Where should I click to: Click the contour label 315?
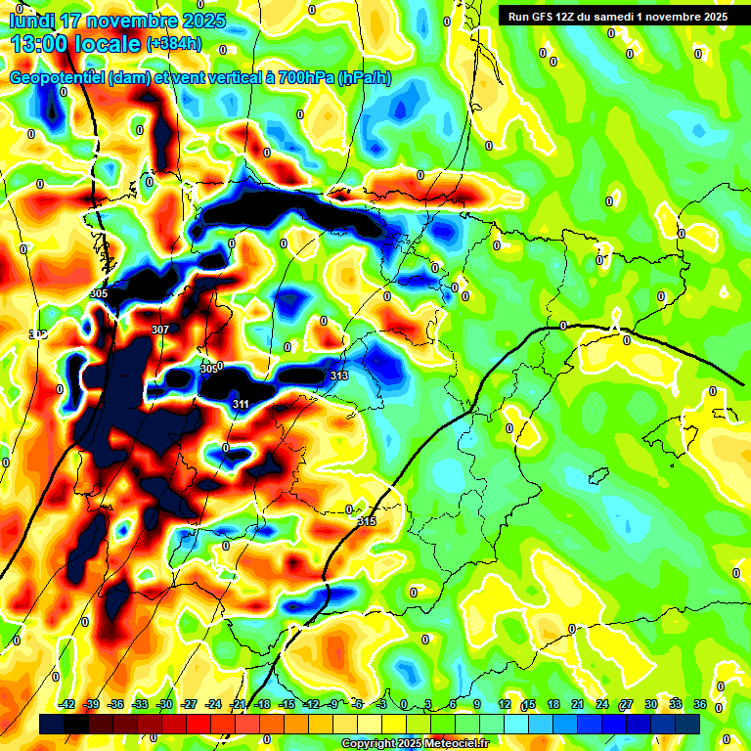click(x=367, y=521)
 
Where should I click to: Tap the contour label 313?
click(x=339, y=375)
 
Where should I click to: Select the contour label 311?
click(x=241, y=403)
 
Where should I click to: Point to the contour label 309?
click(x=208, y=369)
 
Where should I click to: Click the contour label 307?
click(x=160, y=330)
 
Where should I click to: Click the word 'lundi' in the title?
click(x=32, y=21)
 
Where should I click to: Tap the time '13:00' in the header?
click(x=38, y=44)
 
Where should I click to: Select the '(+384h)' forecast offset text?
click(x=175, y=44)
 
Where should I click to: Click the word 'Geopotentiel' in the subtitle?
click(x=59, y=78)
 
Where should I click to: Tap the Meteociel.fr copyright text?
click(x=415, y=743)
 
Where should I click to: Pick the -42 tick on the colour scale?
click(x=66, y=704)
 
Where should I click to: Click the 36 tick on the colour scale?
click(x=700, y=704)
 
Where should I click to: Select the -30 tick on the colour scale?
click(x=164, y=704)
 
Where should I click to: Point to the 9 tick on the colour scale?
click(x=477, y=704)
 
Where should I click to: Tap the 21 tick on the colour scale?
click(x=577, y=704)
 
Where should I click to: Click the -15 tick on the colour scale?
click(x=287, y=704)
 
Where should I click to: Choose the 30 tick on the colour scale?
click(x=651, y=704)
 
